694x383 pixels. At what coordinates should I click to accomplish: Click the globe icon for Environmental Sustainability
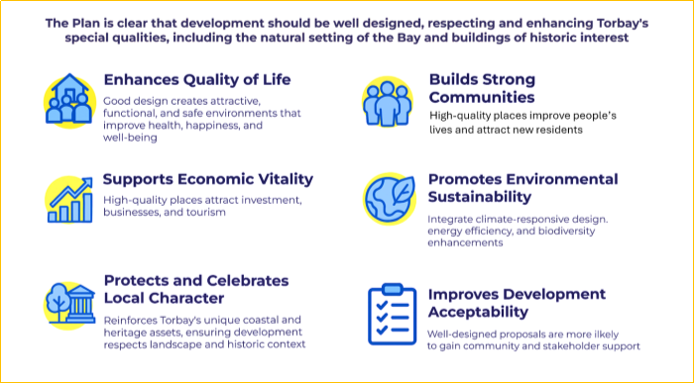tap(388, 198)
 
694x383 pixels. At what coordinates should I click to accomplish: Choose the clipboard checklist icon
tap(390, 315)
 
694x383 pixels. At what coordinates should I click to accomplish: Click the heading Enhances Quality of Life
tap(197, 79)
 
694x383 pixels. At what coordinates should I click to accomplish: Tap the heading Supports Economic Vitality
tap(208, 179)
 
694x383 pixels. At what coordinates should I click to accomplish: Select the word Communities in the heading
tap(482, 97)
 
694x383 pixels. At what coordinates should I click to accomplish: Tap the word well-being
tap(131, 138)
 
